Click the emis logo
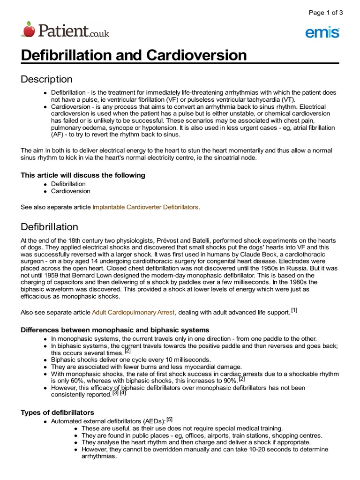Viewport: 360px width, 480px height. click(322, 32)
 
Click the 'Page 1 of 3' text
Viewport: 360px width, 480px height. click(325, 13)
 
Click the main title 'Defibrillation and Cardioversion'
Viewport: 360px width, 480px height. click(134, 55)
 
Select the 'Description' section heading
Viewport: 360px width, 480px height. click(46, 79)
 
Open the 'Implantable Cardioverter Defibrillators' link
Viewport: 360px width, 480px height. click(145, 207)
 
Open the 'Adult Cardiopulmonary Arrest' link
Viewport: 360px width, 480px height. click(134, 312)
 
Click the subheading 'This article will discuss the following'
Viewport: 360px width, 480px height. click(83, 175)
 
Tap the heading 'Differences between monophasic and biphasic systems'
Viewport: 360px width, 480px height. click(115, 330)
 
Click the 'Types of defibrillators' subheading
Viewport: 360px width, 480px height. click(58, 412)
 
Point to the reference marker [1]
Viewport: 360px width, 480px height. click(294, 310)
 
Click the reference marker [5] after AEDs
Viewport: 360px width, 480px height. click(170, 419)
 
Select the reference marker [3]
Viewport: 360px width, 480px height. click(115, 393)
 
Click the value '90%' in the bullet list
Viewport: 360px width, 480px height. click(229, 381)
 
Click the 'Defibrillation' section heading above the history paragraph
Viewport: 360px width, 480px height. click(49, 227)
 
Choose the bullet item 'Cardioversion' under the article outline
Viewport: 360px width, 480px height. click(71, 191)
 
